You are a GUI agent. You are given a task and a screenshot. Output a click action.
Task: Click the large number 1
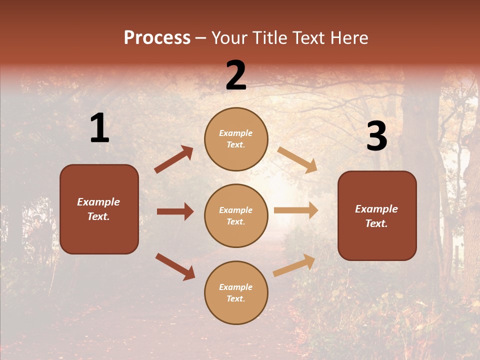(99, 128)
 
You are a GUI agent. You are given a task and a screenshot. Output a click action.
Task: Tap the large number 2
(236, 75)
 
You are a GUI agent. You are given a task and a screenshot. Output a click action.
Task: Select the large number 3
(376, 136)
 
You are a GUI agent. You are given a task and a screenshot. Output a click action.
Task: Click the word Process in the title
(157, 37)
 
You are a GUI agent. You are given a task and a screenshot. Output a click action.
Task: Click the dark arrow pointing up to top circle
(174, 159)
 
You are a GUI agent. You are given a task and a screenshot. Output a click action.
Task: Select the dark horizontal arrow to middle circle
(175, 211)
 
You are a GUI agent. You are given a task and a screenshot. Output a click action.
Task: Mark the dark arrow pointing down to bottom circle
(175, 266)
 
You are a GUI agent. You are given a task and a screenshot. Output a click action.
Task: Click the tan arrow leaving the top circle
(297, 159)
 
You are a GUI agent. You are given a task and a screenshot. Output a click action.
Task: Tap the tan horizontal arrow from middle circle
(296, 210)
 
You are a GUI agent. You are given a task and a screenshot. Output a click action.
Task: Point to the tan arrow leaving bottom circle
(294, 265)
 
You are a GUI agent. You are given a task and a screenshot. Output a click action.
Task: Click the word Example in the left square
(98, 202)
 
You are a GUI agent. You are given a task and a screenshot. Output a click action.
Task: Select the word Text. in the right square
(376, 223)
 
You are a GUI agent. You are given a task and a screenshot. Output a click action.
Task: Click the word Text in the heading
(309, 37)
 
